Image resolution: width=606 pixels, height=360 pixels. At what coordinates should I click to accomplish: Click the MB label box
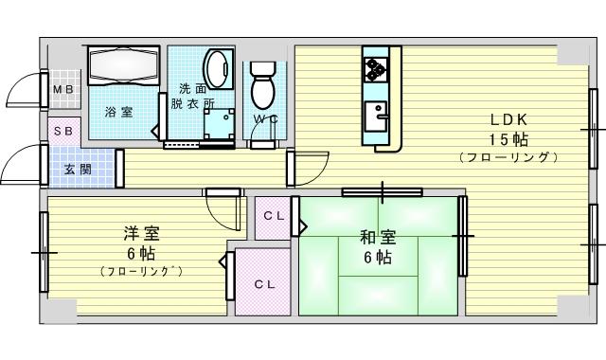[62, 91]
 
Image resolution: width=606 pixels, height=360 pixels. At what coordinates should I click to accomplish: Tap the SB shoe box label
[62, 131]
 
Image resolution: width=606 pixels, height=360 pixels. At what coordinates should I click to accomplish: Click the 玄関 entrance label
[77, 170]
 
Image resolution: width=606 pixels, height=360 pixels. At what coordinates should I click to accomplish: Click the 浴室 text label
[118, 112]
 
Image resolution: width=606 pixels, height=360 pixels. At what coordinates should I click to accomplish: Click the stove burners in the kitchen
[375, 69]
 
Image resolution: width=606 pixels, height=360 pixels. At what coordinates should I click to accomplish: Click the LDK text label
[508, 119]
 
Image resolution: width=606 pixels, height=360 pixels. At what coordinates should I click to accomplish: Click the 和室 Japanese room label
[377, 239]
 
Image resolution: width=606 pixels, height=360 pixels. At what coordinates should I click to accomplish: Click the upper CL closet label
[274, 215]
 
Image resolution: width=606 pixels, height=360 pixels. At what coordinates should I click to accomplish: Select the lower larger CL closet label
[264, 283]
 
